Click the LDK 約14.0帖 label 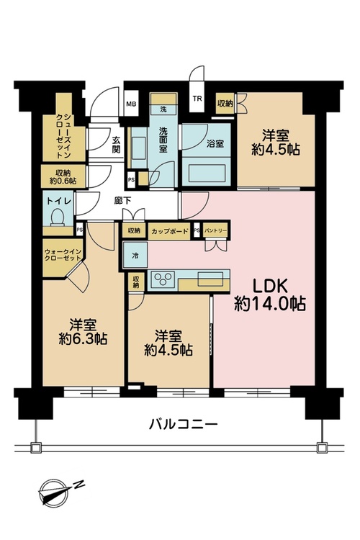pos(270,294)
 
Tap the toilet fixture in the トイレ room pos(58,218)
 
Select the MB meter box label pos(130,104)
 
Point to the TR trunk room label pos(197,99)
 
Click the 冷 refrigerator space pos(135,256)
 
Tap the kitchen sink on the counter pos(210,278)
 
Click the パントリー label pos(215,230)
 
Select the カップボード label pos(169,230)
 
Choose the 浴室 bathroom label pos(215,143)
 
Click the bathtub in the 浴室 pos(204,173)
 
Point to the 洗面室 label pos(163,140)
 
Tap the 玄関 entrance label pos(117,145)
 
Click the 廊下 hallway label pos(122,200)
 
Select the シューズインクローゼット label pos(63,135)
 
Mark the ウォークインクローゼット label pos(63,255)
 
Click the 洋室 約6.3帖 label pos(83,332)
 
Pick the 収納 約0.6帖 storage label pos(63,176)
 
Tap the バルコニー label pos(183,423)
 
